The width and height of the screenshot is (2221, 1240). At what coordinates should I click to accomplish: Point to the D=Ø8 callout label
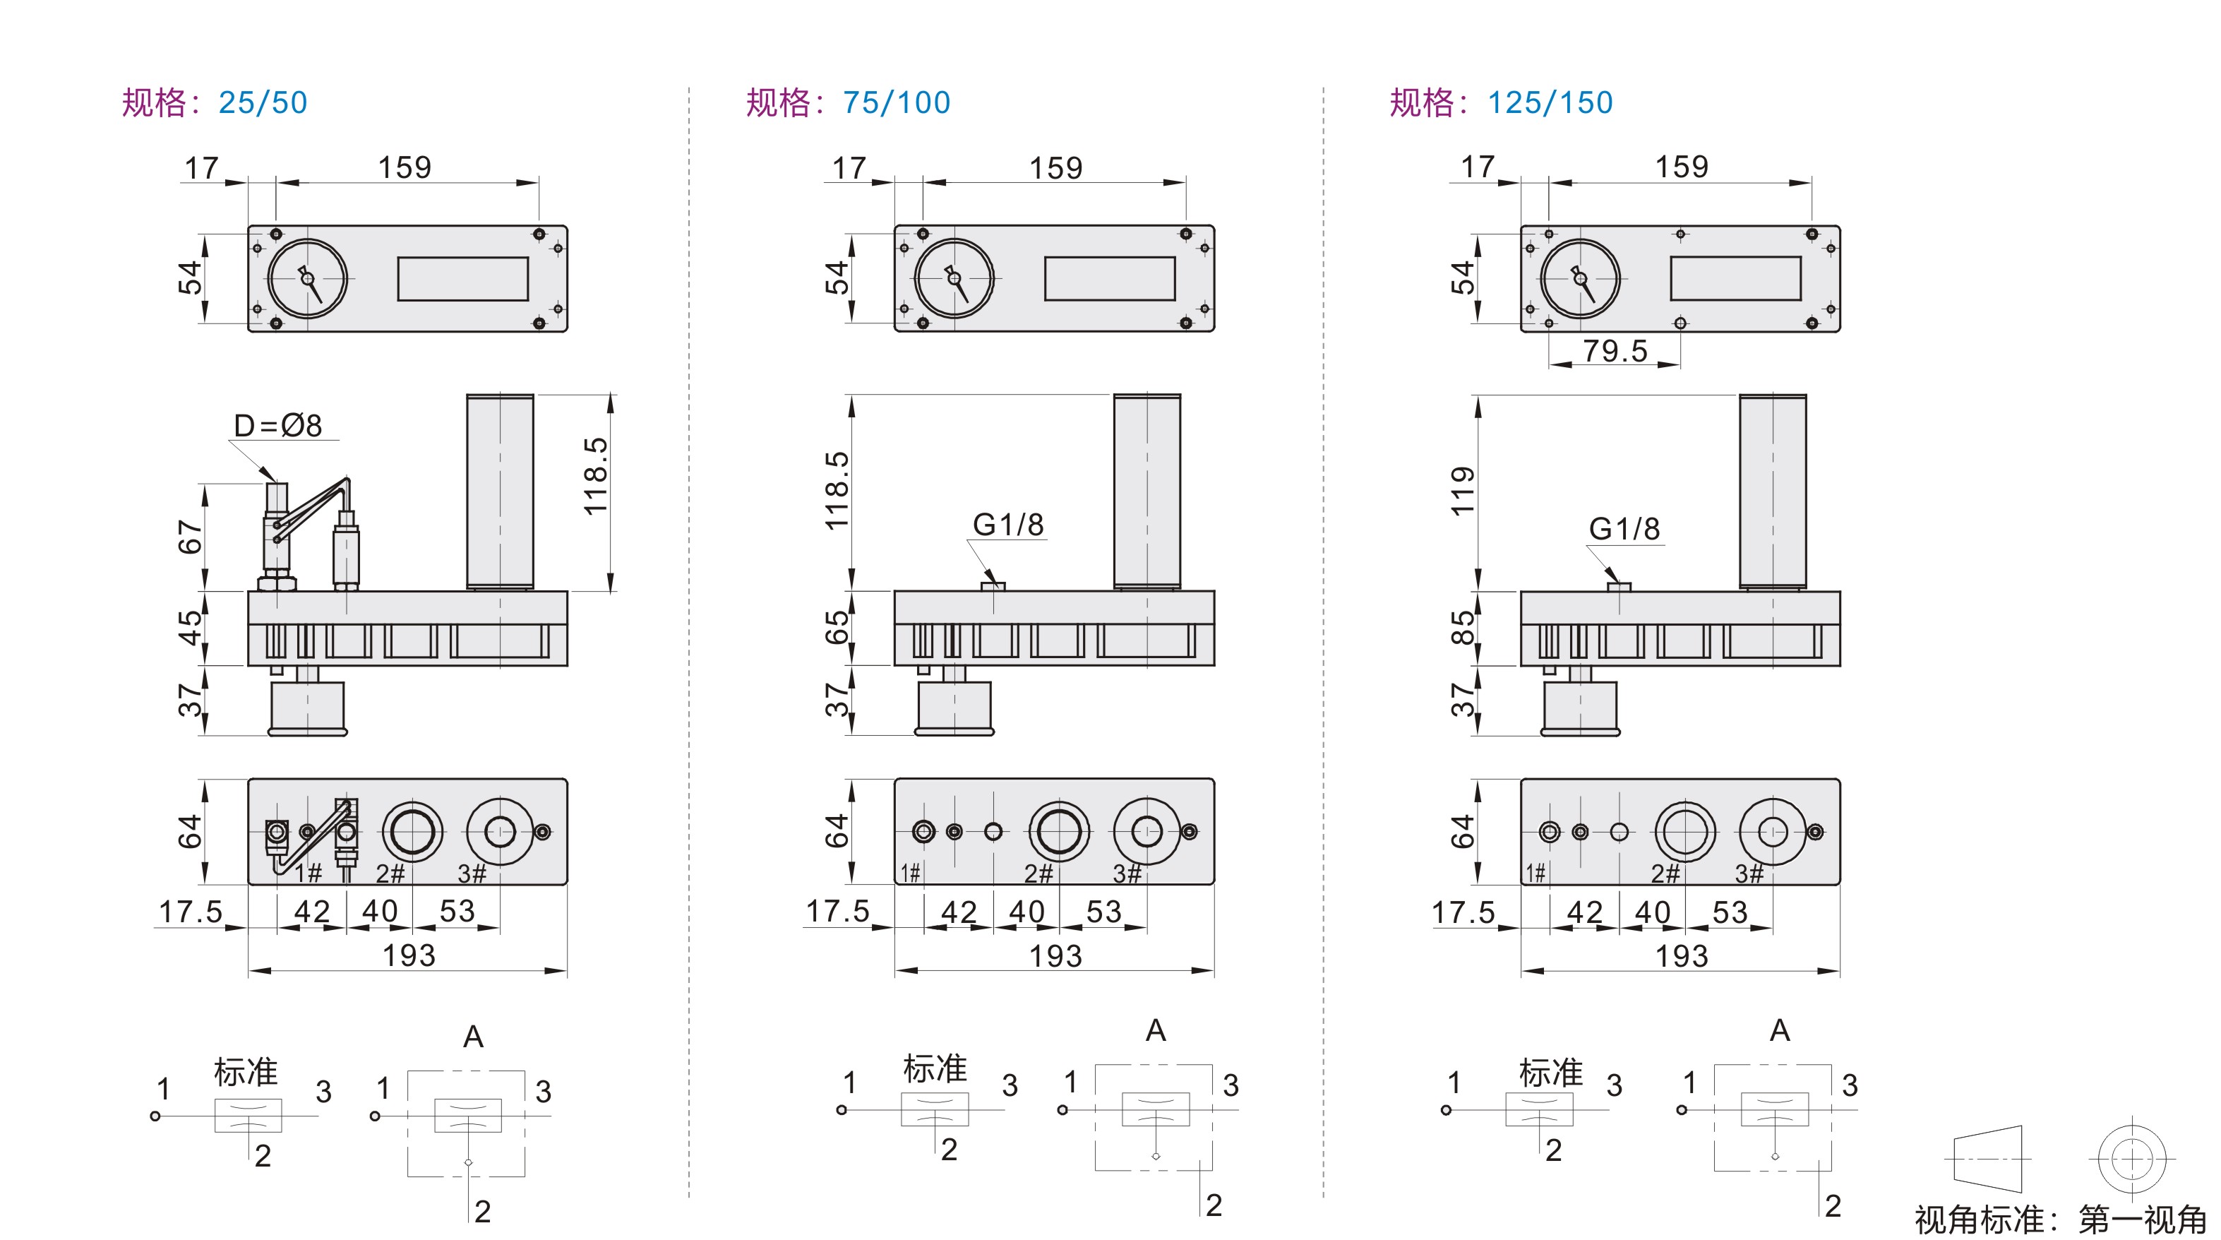(x=277, y=425)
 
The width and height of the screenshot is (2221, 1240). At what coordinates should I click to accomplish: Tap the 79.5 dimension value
(x=1615, y=351)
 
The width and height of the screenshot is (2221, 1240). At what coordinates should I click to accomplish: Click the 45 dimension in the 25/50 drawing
(x=190, y=628)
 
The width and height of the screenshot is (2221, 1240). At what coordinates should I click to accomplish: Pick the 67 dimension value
(x=190, y=537)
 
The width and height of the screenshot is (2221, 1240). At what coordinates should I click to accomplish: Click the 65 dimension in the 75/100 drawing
(x=837, y=628)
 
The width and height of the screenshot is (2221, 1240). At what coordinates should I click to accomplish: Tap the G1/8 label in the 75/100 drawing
(x=1008, y=524)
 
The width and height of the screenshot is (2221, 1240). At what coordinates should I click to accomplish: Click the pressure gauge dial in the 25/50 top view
(x=308, y=278)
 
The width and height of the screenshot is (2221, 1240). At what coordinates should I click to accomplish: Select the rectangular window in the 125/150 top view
(x=1735, y=278)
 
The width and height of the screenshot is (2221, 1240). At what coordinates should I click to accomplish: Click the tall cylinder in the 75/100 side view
(x=1147, y=491)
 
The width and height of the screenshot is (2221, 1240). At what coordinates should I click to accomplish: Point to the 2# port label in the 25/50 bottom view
(x=390, y=874)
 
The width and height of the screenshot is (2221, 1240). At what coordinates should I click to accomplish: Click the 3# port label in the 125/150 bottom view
(x=1749, y=874)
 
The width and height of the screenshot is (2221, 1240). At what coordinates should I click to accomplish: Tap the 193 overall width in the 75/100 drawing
(x=1055, y=955)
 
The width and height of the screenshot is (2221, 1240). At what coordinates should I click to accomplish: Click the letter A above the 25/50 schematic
(x=473, y=1037)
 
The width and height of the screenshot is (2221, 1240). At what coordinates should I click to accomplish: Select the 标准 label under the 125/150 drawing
(x=1550, y=1073)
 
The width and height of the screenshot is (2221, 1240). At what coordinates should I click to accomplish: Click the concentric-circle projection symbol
(x=2131, y=1158)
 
